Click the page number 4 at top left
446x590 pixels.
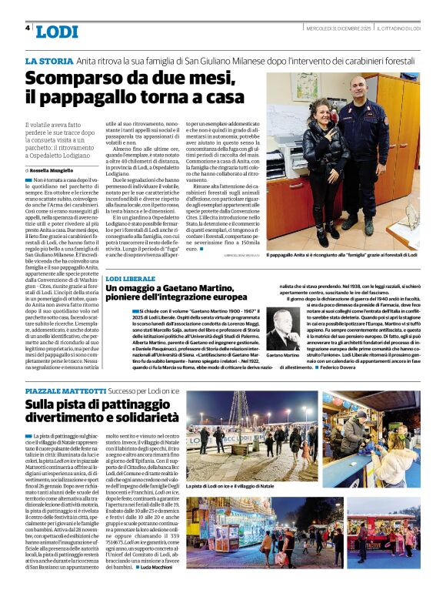pyautogui.click(x=28, y=28)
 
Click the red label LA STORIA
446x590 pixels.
pyautogui.click(x=49, y=60)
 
